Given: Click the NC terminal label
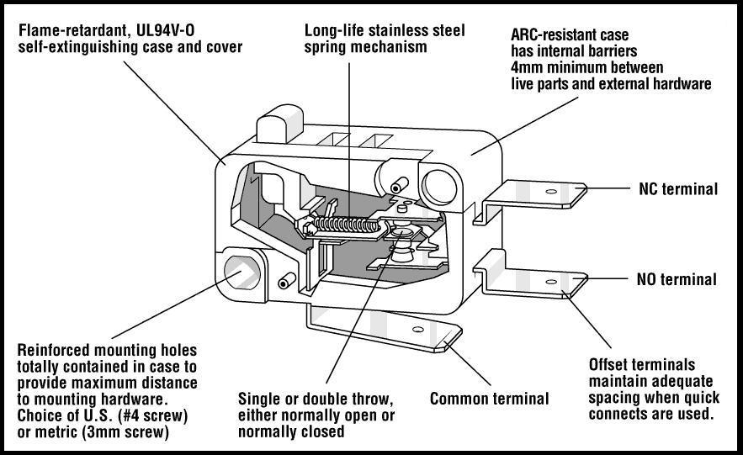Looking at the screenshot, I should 677,189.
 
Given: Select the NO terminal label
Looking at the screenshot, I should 677,279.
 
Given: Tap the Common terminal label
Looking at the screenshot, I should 489,399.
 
